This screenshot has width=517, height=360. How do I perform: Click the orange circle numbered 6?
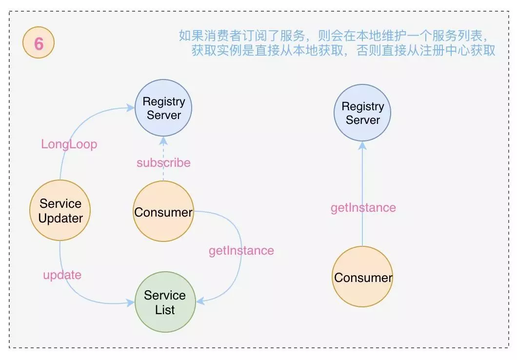point(39,44)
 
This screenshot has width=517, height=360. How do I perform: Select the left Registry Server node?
point(163,108)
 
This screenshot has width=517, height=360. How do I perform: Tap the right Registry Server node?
point(362,113)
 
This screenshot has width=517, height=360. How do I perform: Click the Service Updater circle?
point(60,211)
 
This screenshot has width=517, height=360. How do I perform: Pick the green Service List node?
point(164,302)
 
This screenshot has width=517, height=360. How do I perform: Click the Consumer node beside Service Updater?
point(163,212)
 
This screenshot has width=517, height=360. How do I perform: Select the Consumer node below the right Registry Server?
point(363,278)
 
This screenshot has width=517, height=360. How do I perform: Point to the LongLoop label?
point(69,144)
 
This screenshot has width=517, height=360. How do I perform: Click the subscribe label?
point(163,163)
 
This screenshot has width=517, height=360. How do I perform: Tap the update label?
point(62,275)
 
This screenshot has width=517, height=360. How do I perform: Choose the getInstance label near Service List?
point(241,251)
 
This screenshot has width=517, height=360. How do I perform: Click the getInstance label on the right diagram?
point(363,208)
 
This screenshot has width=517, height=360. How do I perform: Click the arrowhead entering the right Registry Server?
point(362,146)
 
